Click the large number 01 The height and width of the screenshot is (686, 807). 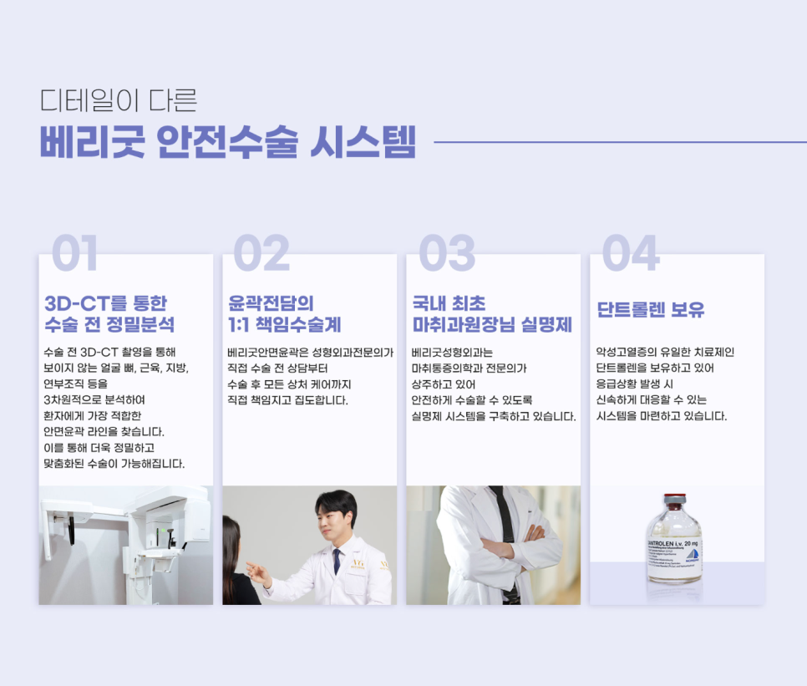[x=75, y=253]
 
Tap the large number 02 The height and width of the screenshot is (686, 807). [x=261, y=253]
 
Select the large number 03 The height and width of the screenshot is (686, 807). [x=447, y=253]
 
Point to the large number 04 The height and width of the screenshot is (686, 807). [x=631, y=253]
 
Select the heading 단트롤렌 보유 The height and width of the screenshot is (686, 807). [x=651, y=310]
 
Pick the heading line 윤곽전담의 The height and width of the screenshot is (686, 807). [x=271, y=302]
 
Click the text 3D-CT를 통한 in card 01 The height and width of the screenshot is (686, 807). [x=105, y=302]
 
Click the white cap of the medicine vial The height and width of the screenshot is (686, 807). [x=674, y=499]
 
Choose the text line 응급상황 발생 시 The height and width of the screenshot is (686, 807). [x=639, y=384]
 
